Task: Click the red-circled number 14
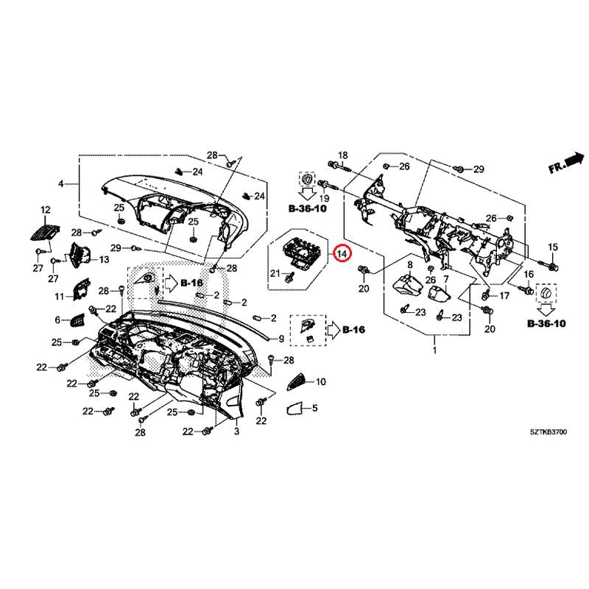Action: [x=342, y=253]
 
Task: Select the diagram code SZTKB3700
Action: [x=548, y=432]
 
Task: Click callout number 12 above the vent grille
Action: [x=46, y=210]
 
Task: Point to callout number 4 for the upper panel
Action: [x=60, y=184]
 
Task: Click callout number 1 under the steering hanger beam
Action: [x=434, y=350]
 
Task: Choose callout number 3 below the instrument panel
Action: [x=236, y=431]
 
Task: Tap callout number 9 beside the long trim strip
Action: [x=281, y=339]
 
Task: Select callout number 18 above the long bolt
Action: [x=343, y=155]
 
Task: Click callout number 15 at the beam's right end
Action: [x=553, y=247]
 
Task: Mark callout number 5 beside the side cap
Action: [x=315, y=408]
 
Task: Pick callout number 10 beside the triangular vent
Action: [x=320, y=382]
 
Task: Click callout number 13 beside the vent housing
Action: [x=104, y=260]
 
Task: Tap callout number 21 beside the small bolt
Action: [x=275, y=273]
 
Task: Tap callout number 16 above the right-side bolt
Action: [x=529, y=275]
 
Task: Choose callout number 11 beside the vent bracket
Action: [x=60, y=297]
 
